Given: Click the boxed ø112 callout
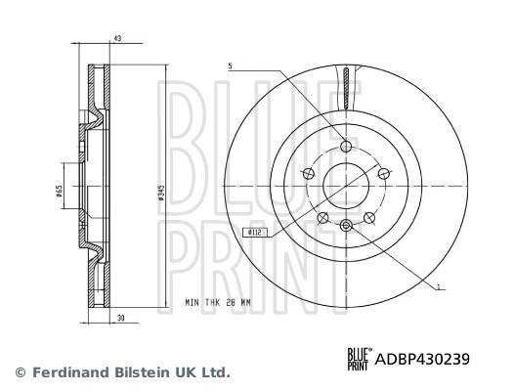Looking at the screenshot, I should pos(255,232).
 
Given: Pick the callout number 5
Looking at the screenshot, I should pos(230,66).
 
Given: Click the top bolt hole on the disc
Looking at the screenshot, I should pos(346,148).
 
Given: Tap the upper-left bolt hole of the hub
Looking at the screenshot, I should pos(309,174).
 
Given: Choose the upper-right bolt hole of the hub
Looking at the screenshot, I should pos(382,174).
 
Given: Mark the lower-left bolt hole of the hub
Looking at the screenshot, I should pos(322,217).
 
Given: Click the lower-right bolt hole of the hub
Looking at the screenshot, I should pos(368,217).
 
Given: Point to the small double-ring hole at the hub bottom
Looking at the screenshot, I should pos(346,226).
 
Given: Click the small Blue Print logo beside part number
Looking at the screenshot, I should pos(359,359).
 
